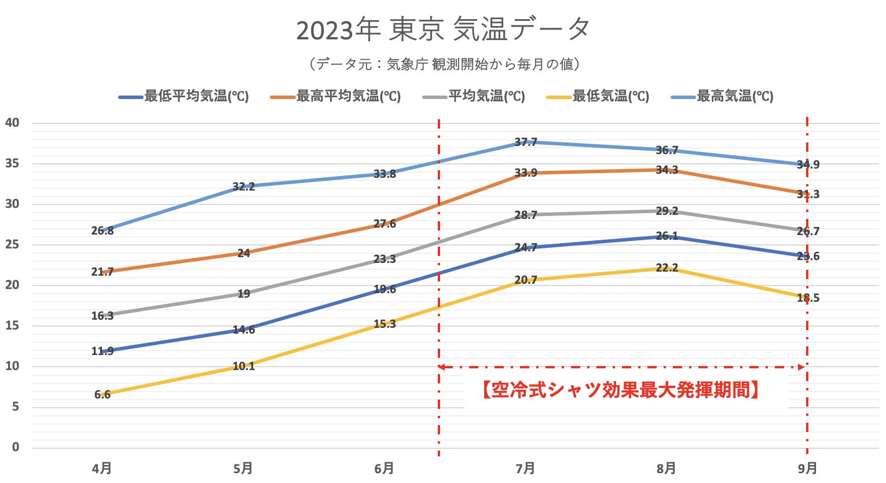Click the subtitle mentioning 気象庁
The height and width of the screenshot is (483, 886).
(443, 64)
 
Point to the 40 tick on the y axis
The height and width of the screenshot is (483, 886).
(12, 123)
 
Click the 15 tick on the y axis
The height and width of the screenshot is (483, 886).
(12, 325)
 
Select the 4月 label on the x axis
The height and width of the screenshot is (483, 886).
(102, 468)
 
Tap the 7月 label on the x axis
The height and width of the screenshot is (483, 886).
(525, 468)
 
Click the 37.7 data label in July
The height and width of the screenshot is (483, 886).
(526, 142)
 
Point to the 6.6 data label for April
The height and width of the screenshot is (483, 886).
(102, 395)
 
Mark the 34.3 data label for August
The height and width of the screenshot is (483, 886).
(667, 170)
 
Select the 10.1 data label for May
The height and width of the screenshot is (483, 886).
(244, 366)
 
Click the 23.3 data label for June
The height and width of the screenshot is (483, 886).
(385, 259)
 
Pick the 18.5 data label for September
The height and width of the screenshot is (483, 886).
(808, 298)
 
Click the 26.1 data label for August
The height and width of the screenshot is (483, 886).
(667, 237)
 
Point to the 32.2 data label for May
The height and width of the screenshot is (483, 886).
(244, 186)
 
